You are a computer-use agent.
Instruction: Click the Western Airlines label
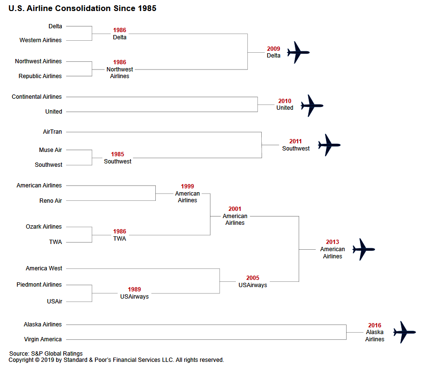point(40,40)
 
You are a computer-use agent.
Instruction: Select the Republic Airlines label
point(40,76)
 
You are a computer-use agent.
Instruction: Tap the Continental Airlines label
point(36,97)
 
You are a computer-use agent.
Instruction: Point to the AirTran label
point(52,132)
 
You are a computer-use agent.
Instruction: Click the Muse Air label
point(50,150)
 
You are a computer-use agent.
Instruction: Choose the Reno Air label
point(51,201)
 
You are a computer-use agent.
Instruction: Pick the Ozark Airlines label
point(44,227)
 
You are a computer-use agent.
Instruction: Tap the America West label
point(44,268)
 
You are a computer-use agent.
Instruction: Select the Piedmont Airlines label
point(39,285)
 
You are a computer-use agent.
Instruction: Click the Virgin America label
point(43,339)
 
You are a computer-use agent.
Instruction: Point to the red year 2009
point(274,49)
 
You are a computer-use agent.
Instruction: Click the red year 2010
point(285,101)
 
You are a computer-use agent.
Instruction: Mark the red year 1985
point(117,154)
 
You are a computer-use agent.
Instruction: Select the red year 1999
point(187,186)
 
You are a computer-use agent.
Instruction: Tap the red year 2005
point(253,278)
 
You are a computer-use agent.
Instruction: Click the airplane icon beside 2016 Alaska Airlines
point(405,332)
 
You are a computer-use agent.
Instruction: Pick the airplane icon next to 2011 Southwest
point(329,145)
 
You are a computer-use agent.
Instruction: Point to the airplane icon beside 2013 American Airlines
point(364,249)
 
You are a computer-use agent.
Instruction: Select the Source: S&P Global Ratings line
point(46,354)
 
